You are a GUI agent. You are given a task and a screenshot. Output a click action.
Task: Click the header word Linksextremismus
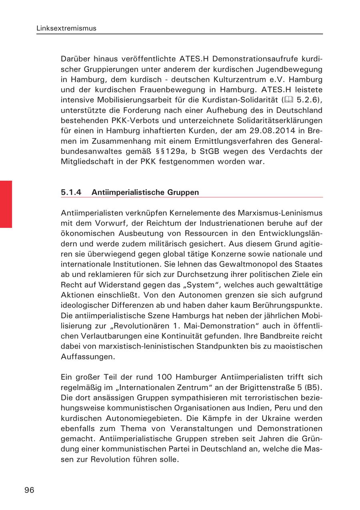[66, 28]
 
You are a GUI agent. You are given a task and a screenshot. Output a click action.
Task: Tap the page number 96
[29, 490]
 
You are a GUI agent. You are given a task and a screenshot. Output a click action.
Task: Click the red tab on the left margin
[6, 204]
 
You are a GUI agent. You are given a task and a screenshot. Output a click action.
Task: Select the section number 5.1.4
[71, 192]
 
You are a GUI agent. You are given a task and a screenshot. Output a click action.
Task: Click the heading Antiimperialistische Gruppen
[145, 192]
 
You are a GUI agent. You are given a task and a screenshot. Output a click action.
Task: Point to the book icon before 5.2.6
[288, 100]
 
